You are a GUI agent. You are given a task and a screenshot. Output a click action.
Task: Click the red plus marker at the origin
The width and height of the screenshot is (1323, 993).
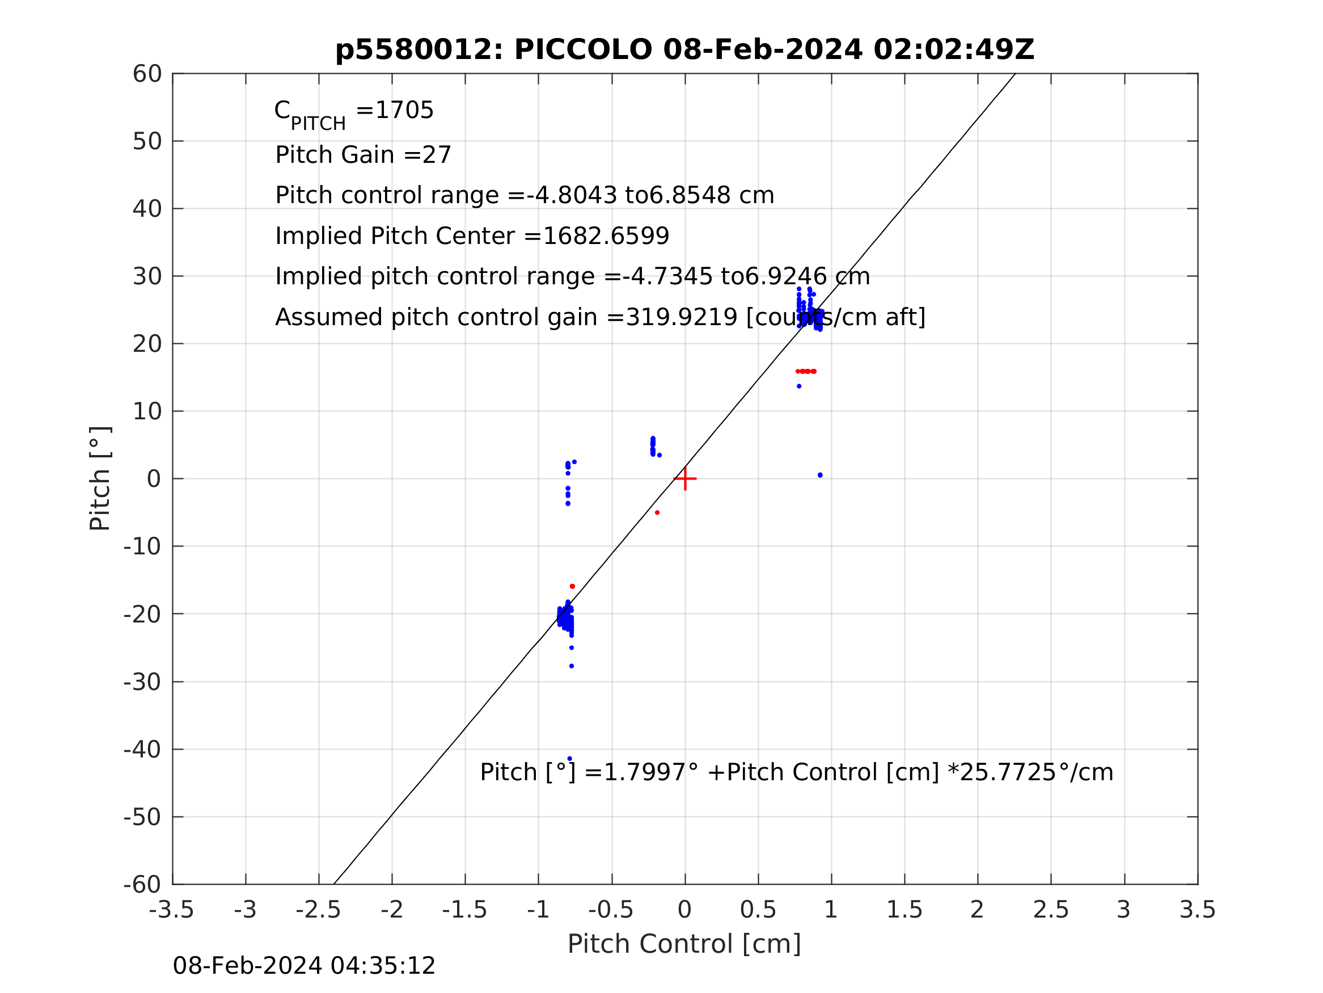click(685, 479)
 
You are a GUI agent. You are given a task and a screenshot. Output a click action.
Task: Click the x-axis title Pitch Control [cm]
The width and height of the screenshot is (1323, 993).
click(684, 944)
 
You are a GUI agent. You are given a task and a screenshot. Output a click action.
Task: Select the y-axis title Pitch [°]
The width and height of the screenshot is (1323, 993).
click(100, 479)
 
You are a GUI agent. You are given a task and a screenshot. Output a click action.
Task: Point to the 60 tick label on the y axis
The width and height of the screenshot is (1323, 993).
click(147, 74)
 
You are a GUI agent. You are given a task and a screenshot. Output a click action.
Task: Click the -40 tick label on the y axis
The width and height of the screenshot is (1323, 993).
click(142, 750)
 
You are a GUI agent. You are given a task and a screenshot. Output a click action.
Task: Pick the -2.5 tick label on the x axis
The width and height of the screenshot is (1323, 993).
click(318, 910)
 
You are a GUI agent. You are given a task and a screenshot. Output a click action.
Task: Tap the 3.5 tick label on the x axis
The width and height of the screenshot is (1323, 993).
click(1198, 910)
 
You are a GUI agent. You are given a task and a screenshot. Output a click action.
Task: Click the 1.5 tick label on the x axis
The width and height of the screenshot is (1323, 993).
click(904, 910)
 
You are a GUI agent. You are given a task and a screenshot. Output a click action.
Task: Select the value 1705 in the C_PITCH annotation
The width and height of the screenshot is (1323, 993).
click(404, 111)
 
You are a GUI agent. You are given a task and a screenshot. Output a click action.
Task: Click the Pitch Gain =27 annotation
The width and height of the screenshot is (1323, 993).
click(363, 155)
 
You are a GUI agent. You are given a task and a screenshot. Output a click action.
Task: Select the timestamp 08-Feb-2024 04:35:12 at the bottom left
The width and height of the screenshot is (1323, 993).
click(304, 966)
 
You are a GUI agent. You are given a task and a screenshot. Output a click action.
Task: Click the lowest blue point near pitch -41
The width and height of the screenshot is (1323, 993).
click(569, 759)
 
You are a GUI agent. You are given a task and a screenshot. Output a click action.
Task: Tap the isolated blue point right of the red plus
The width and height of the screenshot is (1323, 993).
click(820, 476)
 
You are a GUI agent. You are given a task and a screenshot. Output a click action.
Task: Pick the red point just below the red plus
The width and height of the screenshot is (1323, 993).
click(657, 513)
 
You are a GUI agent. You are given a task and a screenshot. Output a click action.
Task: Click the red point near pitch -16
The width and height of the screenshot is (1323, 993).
click(572, 587)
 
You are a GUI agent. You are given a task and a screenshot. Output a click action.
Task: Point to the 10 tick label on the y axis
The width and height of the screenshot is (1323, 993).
click(147, 411)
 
